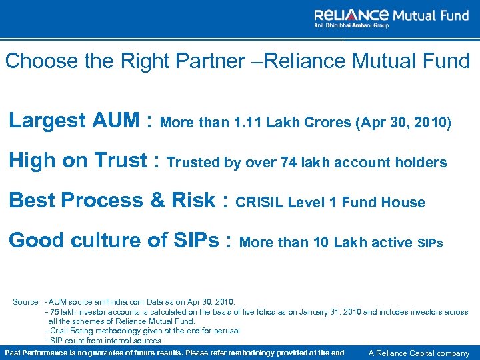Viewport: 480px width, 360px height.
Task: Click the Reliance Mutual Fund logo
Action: coord(391,17)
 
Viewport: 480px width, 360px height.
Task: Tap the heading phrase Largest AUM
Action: coord(75,121)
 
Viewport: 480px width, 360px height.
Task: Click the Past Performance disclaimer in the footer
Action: coord(175,353)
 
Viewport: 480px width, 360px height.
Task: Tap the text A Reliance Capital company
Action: coord(419,353)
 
